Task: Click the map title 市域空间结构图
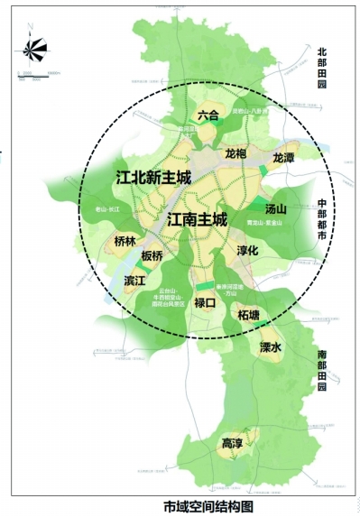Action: (208, 505)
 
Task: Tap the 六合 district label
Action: (208, 115)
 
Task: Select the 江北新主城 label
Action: (154, 177)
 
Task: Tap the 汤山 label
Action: (274, 208)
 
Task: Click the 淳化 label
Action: (247, 250)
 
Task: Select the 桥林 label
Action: (125, 242)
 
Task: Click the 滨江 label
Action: (134, 282)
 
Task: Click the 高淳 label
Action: (232, 444)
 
